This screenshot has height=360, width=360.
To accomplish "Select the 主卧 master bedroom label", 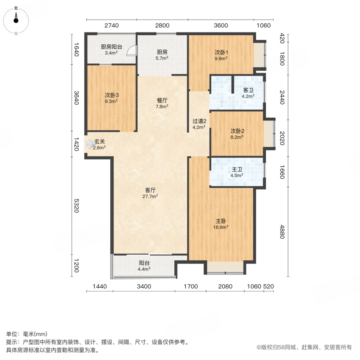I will point(221,221).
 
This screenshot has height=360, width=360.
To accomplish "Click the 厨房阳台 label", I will point(111,46).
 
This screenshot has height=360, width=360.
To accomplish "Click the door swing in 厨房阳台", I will point(132,51).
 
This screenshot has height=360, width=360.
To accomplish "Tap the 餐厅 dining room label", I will point(162,100).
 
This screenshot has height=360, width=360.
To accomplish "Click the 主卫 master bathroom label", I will point(237,169).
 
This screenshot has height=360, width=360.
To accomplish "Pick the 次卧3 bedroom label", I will point(112,95).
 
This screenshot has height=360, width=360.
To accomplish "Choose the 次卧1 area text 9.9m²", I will point(221,58).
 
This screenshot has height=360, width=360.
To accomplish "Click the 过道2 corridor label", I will point(199,121).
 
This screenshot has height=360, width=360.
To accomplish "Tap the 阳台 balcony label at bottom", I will point(144,263).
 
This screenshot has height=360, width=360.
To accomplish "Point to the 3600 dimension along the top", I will point(220,26).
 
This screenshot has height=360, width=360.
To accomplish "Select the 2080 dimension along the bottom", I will point(225,286).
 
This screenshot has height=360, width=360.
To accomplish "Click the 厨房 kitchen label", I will point(162,52).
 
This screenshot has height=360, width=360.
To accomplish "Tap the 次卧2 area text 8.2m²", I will point(237,137).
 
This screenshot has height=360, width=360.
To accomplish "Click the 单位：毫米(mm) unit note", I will point(26,334).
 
